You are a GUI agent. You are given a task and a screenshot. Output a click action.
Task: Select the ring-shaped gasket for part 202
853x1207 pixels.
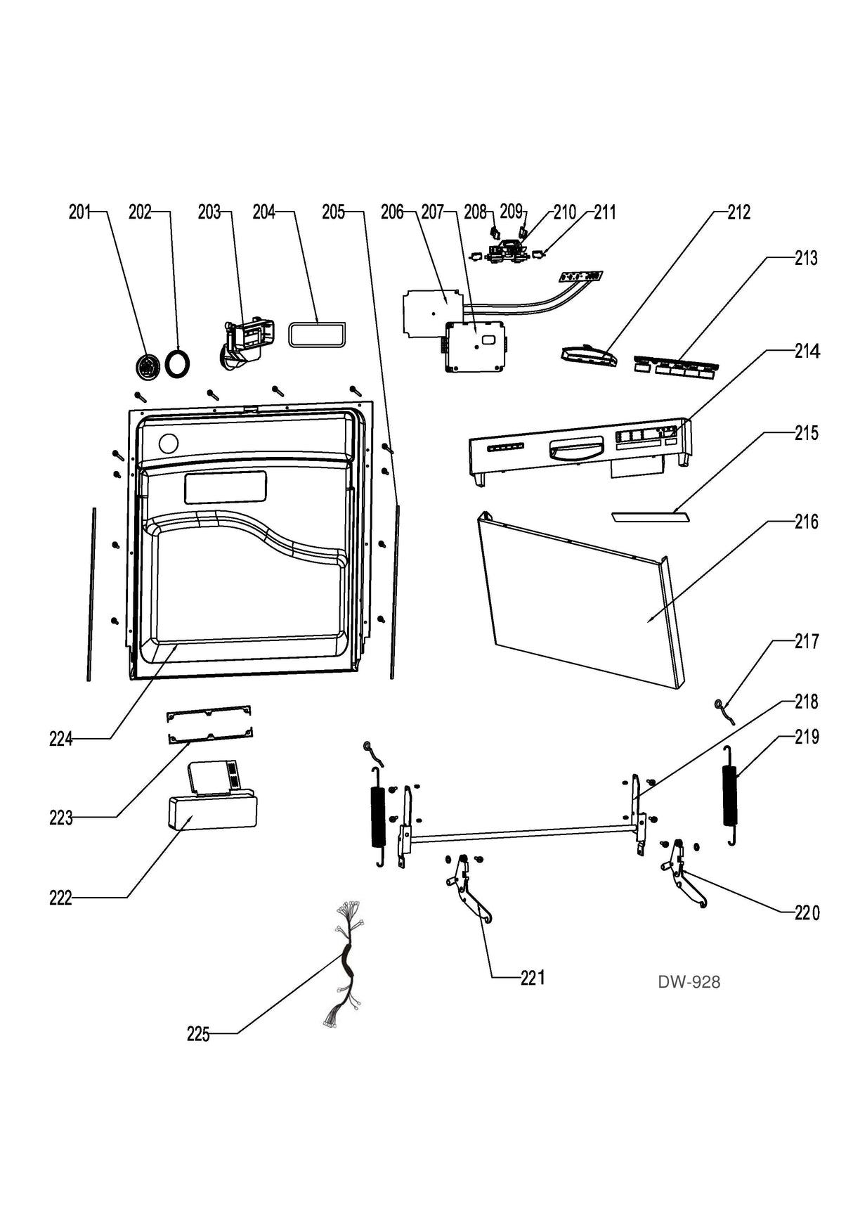click(178, 364)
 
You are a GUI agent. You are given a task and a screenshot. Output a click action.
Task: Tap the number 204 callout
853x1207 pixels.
click(263, 212)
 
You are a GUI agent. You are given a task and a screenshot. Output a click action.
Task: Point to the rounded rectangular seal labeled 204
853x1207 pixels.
click(317, 334)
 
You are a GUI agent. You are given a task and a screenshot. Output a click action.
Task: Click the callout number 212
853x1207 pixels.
click(738, 212)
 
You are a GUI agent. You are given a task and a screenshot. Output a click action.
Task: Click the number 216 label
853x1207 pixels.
click(806, 522)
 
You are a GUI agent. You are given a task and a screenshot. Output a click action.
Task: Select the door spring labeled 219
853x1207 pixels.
click(730, 796)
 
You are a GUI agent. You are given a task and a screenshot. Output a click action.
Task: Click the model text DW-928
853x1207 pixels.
click(689, 982)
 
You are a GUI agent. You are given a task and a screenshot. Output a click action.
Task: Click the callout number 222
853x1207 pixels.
click(60, 898)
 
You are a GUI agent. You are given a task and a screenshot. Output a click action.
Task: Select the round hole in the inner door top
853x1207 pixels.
click(169, 444)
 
